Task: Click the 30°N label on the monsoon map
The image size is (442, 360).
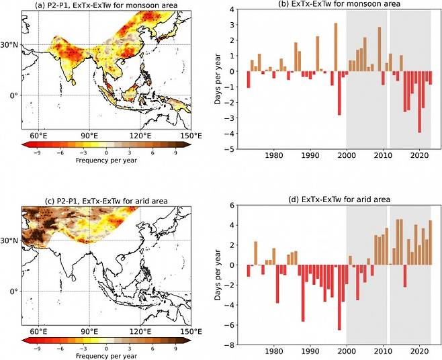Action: pos(10,45)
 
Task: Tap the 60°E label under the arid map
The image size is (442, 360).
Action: pos(38,332)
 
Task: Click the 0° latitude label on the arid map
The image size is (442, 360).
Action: pos(13,291)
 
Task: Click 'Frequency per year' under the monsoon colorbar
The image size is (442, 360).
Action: pos(103,161)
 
